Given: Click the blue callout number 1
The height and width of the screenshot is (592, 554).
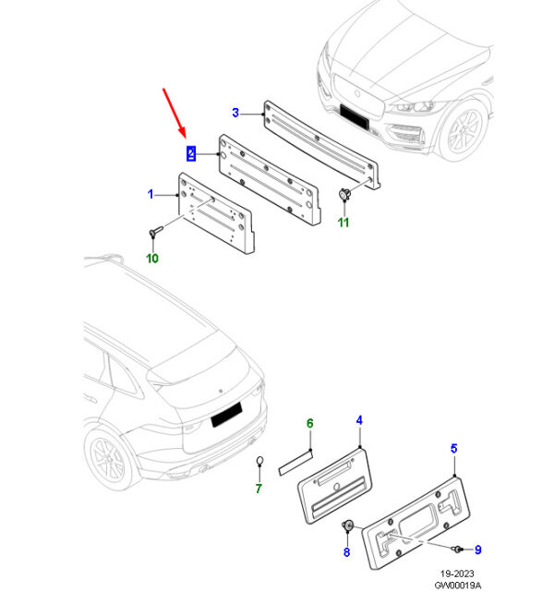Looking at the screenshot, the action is click(151, 195).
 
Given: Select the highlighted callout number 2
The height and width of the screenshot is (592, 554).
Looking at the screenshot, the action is click(191, 153).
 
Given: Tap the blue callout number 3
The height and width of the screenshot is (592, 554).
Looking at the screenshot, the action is click(235, 113).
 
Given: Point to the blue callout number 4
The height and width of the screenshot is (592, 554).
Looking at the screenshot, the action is click(359, 420).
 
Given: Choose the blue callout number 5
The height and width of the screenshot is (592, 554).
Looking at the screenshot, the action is click(454, 449).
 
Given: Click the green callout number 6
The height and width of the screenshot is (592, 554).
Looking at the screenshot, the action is click(310, 423).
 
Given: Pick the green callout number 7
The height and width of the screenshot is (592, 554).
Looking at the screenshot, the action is click(259, 489).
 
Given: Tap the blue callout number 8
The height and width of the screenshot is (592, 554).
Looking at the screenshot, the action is click(347, 552).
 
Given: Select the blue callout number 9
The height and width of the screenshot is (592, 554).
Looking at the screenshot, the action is click(477, 550).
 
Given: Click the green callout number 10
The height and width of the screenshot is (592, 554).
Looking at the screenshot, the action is click(152, 259).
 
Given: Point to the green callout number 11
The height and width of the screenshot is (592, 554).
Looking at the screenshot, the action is click(343, 223).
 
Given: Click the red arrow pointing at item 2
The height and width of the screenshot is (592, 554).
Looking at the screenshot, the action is click(175, 113).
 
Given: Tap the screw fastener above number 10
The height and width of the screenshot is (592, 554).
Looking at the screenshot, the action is click(156, 231).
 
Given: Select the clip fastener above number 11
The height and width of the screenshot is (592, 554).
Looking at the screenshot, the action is click(344, 194).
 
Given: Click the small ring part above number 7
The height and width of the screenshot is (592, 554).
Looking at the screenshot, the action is click(259, 461).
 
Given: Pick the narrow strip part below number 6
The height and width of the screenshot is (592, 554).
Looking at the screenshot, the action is click(295, 464).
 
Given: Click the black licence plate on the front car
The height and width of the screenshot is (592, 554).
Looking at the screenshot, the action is click(354, 116).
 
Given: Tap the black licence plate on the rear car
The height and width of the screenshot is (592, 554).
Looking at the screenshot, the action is click(226, 415).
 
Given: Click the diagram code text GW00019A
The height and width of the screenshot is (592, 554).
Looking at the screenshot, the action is click(458, 586).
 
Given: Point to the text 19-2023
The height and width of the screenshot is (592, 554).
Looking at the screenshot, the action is click(457, 574).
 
